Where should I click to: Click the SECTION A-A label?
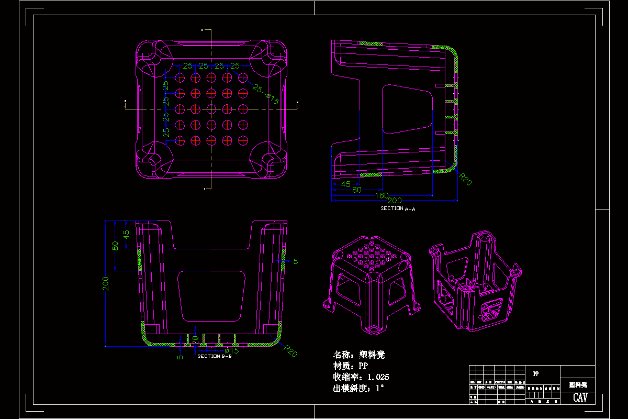click(398, 208)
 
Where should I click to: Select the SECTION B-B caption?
click(215, 356)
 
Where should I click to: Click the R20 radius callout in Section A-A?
click(465, 180)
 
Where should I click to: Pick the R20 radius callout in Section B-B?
click(291, 351)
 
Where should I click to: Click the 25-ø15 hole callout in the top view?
click(266, 94)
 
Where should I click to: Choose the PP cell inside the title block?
click(536, 374)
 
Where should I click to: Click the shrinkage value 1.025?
click(378, 377)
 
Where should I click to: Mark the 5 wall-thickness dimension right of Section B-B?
click(295, 261)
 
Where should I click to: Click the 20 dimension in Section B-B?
click(195, 339)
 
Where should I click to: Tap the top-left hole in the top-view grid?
click(180, 78)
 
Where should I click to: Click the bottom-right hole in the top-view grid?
click(243, 140)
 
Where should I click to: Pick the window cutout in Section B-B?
click(211, 296)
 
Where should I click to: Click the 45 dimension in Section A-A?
click(346, 184)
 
